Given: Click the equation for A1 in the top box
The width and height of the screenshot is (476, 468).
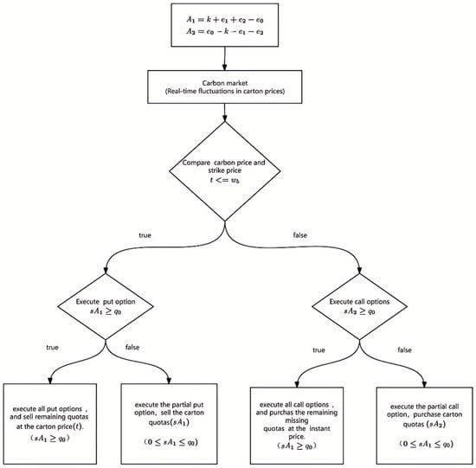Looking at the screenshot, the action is pos(225,20).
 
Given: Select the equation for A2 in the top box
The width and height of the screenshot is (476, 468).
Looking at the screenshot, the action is pos(225,31).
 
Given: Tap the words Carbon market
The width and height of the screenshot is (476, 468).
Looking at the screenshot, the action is pos(225,83).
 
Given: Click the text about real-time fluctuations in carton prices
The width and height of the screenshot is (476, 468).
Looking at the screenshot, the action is pos(225,91).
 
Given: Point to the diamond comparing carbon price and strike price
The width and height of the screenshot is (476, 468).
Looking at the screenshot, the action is pos(225,171).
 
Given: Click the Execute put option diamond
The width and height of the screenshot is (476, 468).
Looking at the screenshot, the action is pos(106,306).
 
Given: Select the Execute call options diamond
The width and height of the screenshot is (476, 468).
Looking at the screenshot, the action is pos(359,306).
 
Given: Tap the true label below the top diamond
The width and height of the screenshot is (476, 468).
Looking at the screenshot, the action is pos(145,235).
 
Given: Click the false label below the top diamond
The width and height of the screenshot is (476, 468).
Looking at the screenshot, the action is pos(300,235).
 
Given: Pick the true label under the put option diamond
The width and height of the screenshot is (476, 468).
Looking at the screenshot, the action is pos(52,347).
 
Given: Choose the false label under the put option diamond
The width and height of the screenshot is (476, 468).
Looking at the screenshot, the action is pos(132,347).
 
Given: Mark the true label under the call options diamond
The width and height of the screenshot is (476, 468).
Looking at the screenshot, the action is pos(318,350).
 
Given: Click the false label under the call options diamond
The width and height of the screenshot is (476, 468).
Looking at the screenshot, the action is pos(404,350).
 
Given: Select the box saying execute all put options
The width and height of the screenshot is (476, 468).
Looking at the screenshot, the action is pos(50,424).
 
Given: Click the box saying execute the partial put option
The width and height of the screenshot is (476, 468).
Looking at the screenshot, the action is pos(169,424).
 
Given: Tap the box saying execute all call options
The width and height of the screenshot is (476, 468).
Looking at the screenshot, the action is pos(297,426).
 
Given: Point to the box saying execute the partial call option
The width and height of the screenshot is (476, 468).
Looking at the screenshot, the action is pos(424,426).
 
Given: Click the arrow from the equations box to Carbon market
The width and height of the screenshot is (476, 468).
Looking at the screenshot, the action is pos(225,59).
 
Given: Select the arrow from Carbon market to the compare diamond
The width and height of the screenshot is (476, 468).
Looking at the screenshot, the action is pos(225,112).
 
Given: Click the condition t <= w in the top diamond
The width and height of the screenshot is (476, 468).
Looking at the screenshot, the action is pos(225,180).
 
